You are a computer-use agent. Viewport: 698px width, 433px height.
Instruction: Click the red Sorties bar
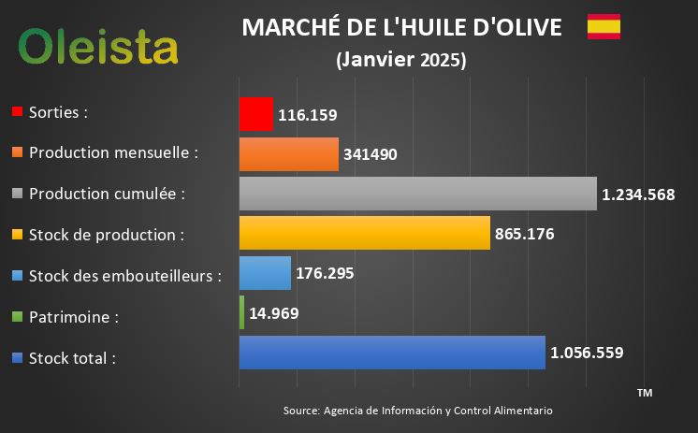tap(255, 114)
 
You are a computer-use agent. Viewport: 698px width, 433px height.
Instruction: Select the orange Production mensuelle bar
tap(288, 154)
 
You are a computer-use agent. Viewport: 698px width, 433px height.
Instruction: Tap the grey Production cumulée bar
tap(417, 194)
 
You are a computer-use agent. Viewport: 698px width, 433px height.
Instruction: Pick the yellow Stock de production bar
tap(364, 233)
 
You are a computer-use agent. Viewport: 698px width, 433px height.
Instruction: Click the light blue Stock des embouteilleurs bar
tap(265, 273)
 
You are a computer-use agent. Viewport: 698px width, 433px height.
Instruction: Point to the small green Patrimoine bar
tap(241, 312)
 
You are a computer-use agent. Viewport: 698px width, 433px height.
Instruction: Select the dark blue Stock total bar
tap(391, 353)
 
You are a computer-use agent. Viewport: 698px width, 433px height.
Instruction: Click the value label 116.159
tap(307, 115)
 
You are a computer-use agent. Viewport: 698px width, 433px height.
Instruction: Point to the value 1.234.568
tap(639, 195)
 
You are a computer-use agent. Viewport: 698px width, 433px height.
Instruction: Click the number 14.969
tap(274, 313)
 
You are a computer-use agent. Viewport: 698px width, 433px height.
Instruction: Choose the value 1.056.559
tap(587, 353)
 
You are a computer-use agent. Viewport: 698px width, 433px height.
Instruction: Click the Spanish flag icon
tap(603, 27)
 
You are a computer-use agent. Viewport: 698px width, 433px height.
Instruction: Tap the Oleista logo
tap(98, 45)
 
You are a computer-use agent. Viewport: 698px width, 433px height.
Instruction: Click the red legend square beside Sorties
tap(17, 112)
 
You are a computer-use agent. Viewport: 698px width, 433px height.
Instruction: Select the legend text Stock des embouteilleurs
tap(125, 276)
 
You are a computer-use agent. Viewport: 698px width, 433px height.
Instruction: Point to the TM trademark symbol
tap(644, 393)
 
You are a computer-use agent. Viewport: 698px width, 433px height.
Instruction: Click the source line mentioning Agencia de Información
tap(417, 411)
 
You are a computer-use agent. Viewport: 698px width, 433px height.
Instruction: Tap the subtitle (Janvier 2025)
tap(400, 60)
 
